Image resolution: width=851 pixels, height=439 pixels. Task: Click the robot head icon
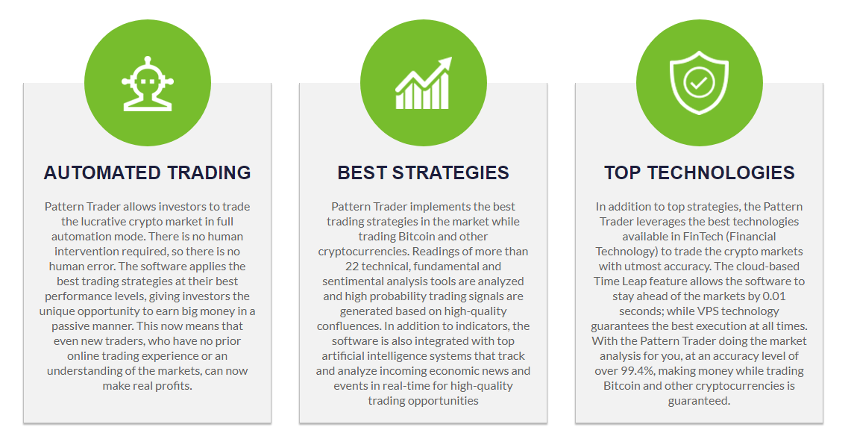(147, 83)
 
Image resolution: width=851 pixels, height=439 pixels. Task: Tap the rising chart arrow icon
(423, 83)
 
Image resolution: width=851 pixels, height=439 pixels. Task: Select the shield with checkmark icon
(699, 83)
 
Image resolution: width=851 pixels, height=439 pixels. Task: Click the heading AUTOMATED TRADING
(147, 172)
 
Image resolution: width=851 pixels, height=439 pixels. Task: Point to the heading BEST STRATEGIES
(423, 172)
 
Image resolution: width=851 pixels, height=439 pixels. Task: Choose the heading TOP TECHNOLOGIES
(699, 172)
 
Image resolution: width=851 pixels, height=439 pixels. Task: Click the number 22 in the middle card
(352, 267)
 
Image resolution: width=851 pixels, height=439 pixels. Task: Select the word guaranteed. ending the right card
(699, 401)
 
